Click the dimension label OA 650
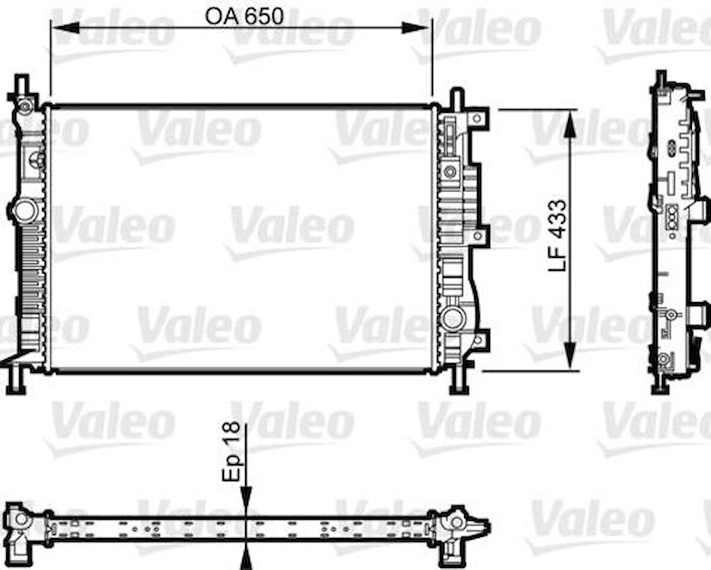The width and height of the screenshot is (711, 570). [x=244, y=16]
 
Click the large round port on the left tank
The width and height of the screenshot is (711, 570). [x=25, y=211]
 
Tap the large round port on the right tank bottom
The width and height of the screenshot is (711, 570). [x=453, y=319]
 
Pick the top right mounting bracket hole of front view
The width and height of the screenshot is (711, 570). [x=478, y=118]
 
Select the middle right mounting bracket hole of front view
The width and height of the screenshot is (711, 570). [x=478, y=236]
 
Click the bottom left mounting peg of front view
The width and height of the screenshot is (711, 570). [x=16, y=383]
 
